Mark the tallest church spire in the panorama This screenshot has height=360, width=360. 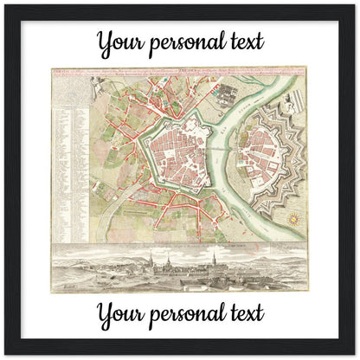[x=152, y=261]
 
